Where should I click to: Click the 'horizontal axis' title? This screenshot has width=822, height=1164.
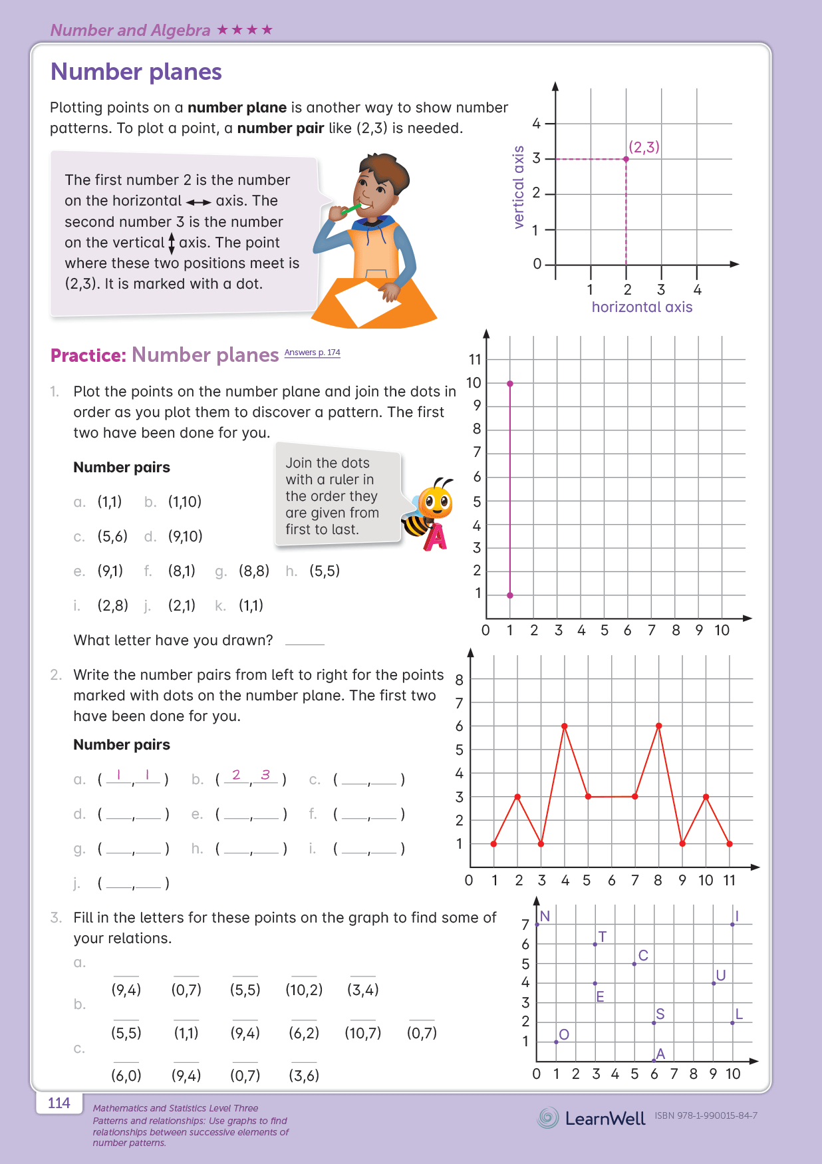642,307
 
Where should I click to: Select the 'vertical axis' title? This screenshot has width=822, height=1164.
519,188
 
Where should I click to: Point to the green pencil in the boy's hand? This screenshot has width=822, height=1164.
350,210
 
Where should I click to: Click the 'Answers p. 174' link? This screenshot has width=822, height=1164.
312,353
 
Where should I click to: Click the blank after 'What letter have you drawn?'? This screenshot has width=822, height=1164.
305,641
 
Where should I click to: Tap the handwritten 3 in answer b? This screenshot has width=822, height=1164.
265,775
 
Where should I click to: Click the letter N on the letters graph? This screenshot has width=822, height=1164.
545,917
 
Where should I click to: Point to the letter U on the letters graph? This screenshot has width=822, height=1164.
720,976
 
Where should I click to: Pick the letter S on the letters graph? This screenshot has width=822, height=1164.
660,1014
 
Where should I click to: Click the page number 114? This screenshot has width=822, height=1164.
59,1103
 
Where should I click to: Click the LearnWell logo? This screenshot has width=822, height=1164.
591,1118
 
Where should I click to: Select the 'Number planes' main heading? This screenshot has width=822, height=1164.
136,72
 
